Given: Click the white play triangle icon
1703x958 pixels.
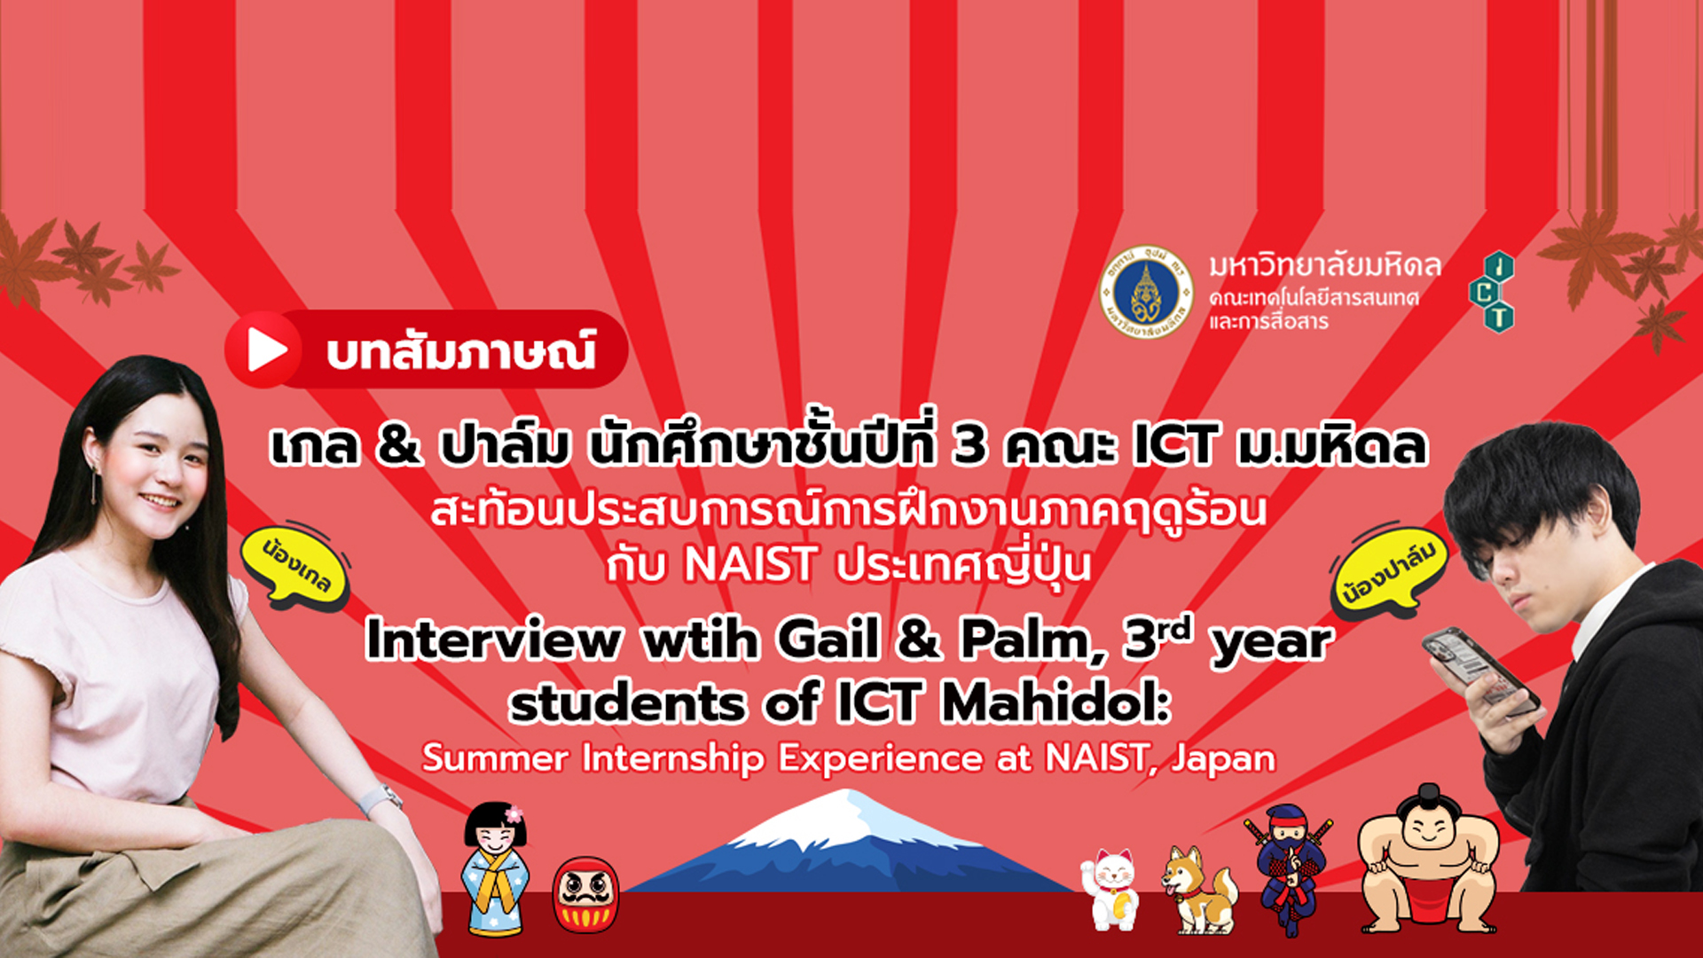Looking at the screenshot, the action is (266, 350).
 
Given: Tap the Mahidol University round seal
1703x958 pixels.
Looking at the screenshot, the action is (1146, 293).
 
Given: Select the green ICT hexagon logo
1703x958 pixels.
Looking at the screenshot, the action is (1492, 292).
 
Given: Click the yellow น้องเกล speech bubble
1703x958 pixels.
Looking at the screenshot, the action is (296, 568).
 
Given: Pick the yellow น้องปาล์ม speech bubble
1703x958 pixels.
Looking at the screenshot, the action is (1389, 572).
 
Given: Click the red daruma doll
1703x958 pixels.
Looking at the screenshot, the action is (585, 895).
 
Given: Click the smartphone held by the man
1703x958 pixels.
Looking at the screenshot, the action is (1480, 671).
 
